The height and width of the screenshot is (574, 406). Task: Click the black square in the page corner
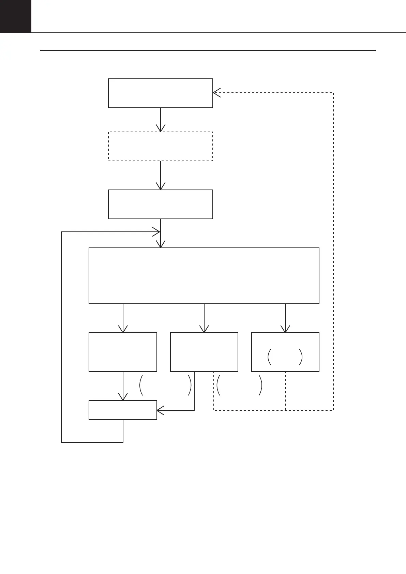point(15,16)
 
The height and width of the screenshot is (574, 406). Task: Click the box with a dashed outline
point(160,146)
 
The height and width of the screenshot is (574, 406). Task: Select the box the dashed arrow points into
point(160,93)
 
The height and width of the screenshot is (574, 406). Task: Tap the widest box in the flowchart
point(204,275)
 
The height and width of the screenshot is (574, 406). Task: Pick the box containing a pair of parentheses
point(285,352)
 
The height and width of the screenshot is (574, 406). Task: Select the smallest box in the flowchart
point(123,410)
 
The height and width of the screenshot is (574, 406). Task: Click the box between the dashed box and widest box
point(160,204)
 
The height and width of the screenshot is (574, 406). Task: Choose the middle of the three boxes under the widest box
point(204,352)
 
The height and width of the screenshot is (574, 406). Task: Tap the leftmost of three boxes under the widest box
point(123,352)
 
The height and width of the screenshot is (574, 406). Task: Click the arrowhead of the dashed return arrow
point(215,93)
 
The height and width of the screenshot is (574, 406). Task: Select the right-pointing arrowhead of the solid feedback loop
point(157,232)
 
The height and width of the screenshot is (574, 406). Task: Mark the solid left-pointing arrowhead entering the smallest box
point(160,410)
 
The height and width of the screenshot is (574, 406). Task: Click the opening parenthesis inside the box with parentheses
point(269,357)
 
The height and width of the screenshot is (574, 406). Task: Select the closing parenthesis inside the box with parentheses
point(301,357)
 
